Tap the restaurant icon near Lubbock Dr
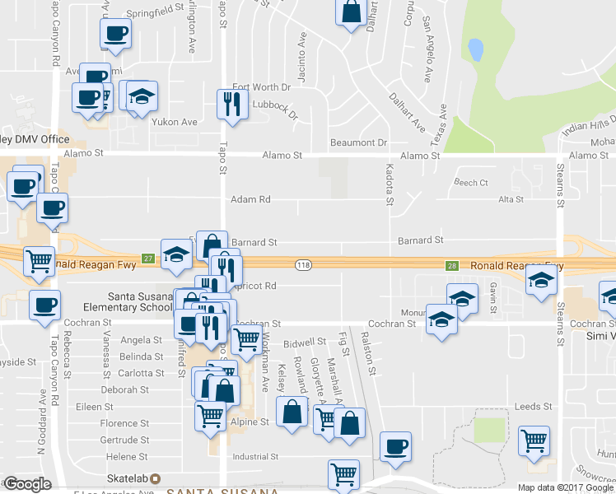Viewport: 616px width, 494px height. pos(231,104)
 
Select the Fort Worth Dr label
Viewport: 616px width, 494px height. pos(262,87)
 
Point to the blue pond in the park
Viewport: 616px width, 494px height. pos(475,49)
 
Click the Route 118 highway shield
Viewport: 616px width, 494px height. pos(303,263)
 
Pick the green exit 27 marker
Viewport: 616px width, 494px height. pos(147,258)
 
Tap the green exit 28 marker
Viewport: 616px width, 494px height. pos(451,266)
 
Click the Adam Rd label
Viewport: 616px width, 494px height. pos(250,199)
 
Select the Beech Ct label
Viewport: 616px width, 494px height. pos(471,183)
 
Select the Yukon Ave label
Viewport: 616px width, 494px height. pos(174,122)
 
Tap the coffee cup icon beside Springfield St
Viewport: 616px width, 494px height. pos(114,34)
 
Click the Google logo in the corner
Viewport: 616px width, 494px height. pos(26,484)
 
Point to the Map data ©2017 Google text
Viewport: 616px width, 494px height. pos(565,487)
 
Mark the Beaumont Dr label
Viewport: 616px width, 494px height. pos(358,142)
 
